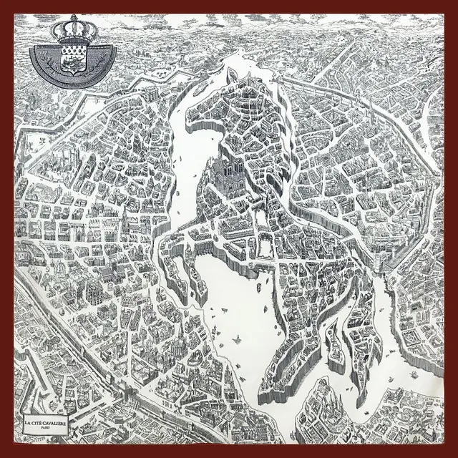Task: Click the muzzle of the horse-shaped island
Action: [192, 118]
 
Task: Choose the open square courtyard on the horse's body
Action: [265, 248]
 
